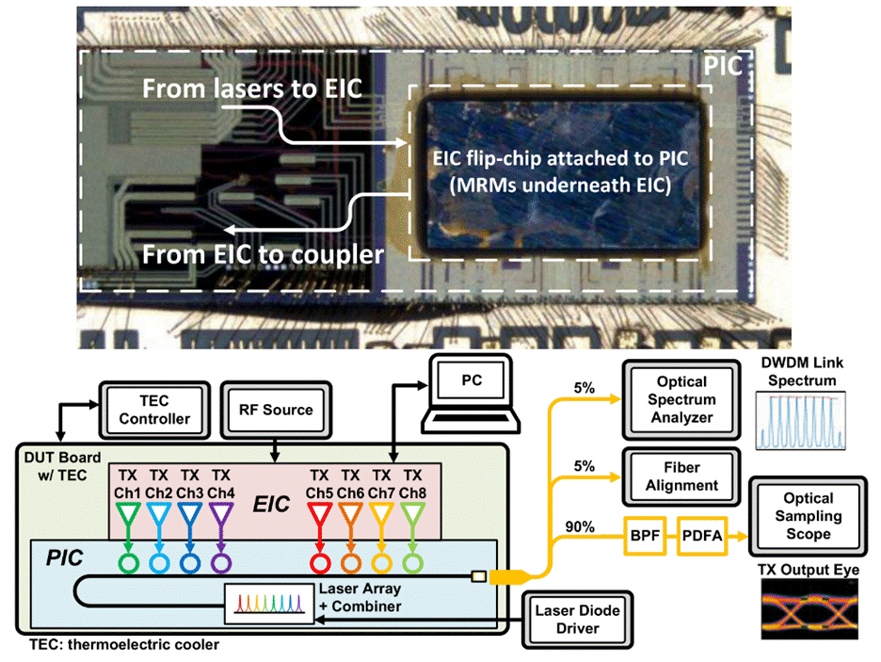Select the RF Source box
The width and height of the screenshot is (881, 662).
pos(274,410)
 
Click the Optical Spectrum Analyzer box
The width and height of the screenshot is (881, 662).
pos(680,398)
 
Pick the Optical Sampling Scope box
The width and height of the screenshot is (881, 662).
pos(803,517)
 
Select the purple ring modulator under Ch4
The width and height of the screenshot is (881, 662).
pos(220,562)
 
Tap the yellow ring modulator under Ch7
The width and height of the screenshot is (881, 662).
pos(381,562)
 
